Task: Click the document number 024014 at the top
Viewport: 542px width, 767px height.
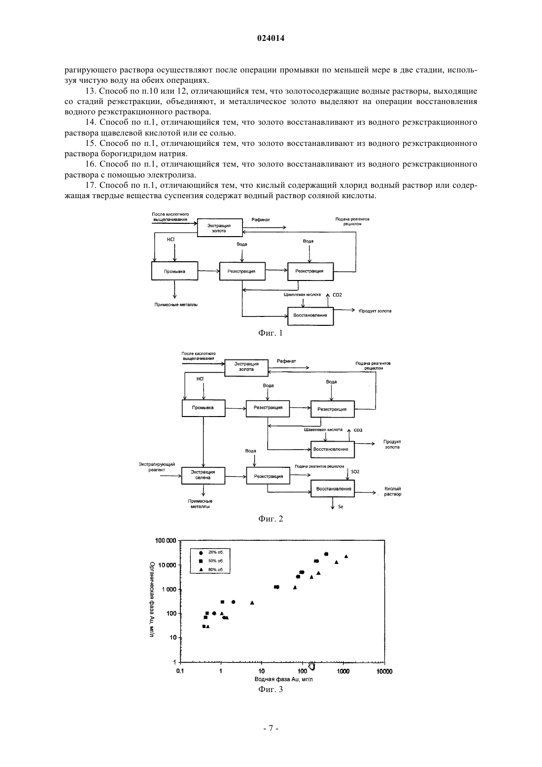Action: [x=271, y=38]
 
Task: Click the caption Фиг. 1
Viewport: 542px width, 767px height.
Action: [x=271, y=333]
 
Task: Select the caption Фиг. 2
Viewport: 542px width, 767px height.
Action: [x=271, y=519]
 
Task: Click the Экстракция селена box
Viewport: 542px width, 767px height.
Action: [x=203, y=476]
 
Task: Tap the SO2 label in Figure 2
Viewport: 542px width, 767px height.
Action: [x=355, y=472]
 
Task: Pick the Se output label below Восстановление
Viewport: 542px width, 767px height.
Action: [x=340, y=506]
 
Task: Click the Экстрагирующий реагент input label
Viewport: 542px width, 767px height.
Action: [x=157, y=467]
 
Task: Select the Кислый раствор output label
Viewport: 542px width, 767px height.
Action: [x=393, y=491]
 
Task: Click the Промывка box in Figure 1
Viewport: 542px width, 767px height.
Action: [x=174, y=271]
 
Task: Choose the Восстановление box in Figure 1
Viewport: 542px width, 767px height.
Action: [x=310, y=315]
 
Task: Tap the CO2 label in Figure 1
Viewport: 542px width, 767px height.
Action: [x=337, y=295]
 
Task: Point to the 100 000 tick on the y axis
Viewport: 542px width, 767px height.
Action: [x=166, y=541]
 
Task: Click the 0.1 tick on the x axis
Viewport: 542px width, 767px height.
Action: [x=180, y=671]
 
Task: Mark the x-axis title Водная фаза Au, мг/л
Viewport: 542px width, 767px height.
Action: [x=284, y=679]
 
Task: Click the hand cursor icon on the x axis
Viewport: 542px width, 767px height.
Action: [x=311, y=665]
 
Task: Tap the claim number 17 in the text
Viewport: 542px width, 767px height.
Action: [x=90, y=185]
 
